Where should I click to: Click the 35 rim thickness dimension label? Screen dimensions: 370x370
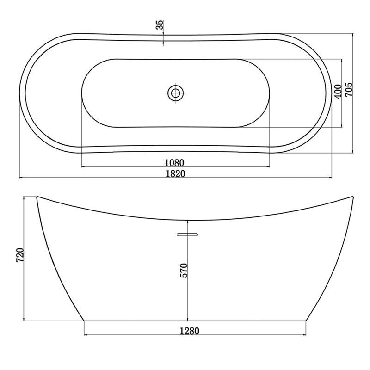[x=160, y=25]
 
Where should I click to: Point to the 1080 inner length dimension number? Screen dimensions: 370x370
[x=175, y=162]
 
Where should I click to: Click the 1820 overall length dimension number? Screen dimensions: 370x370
[x=175, y=173]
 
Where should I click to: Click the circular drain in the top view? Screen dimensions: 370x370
[x=175, y=93]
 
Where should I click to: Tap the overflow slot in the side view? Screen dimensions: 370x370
[x=188, y=234]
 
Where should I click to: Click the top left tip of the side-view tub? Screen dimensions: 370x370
[x=37, y=197]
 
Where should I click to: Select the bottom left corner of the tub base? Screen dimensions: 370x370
[x=84, y=320]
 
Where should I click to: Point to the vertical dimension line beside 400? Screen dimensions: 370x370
[x=342, y=111]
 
